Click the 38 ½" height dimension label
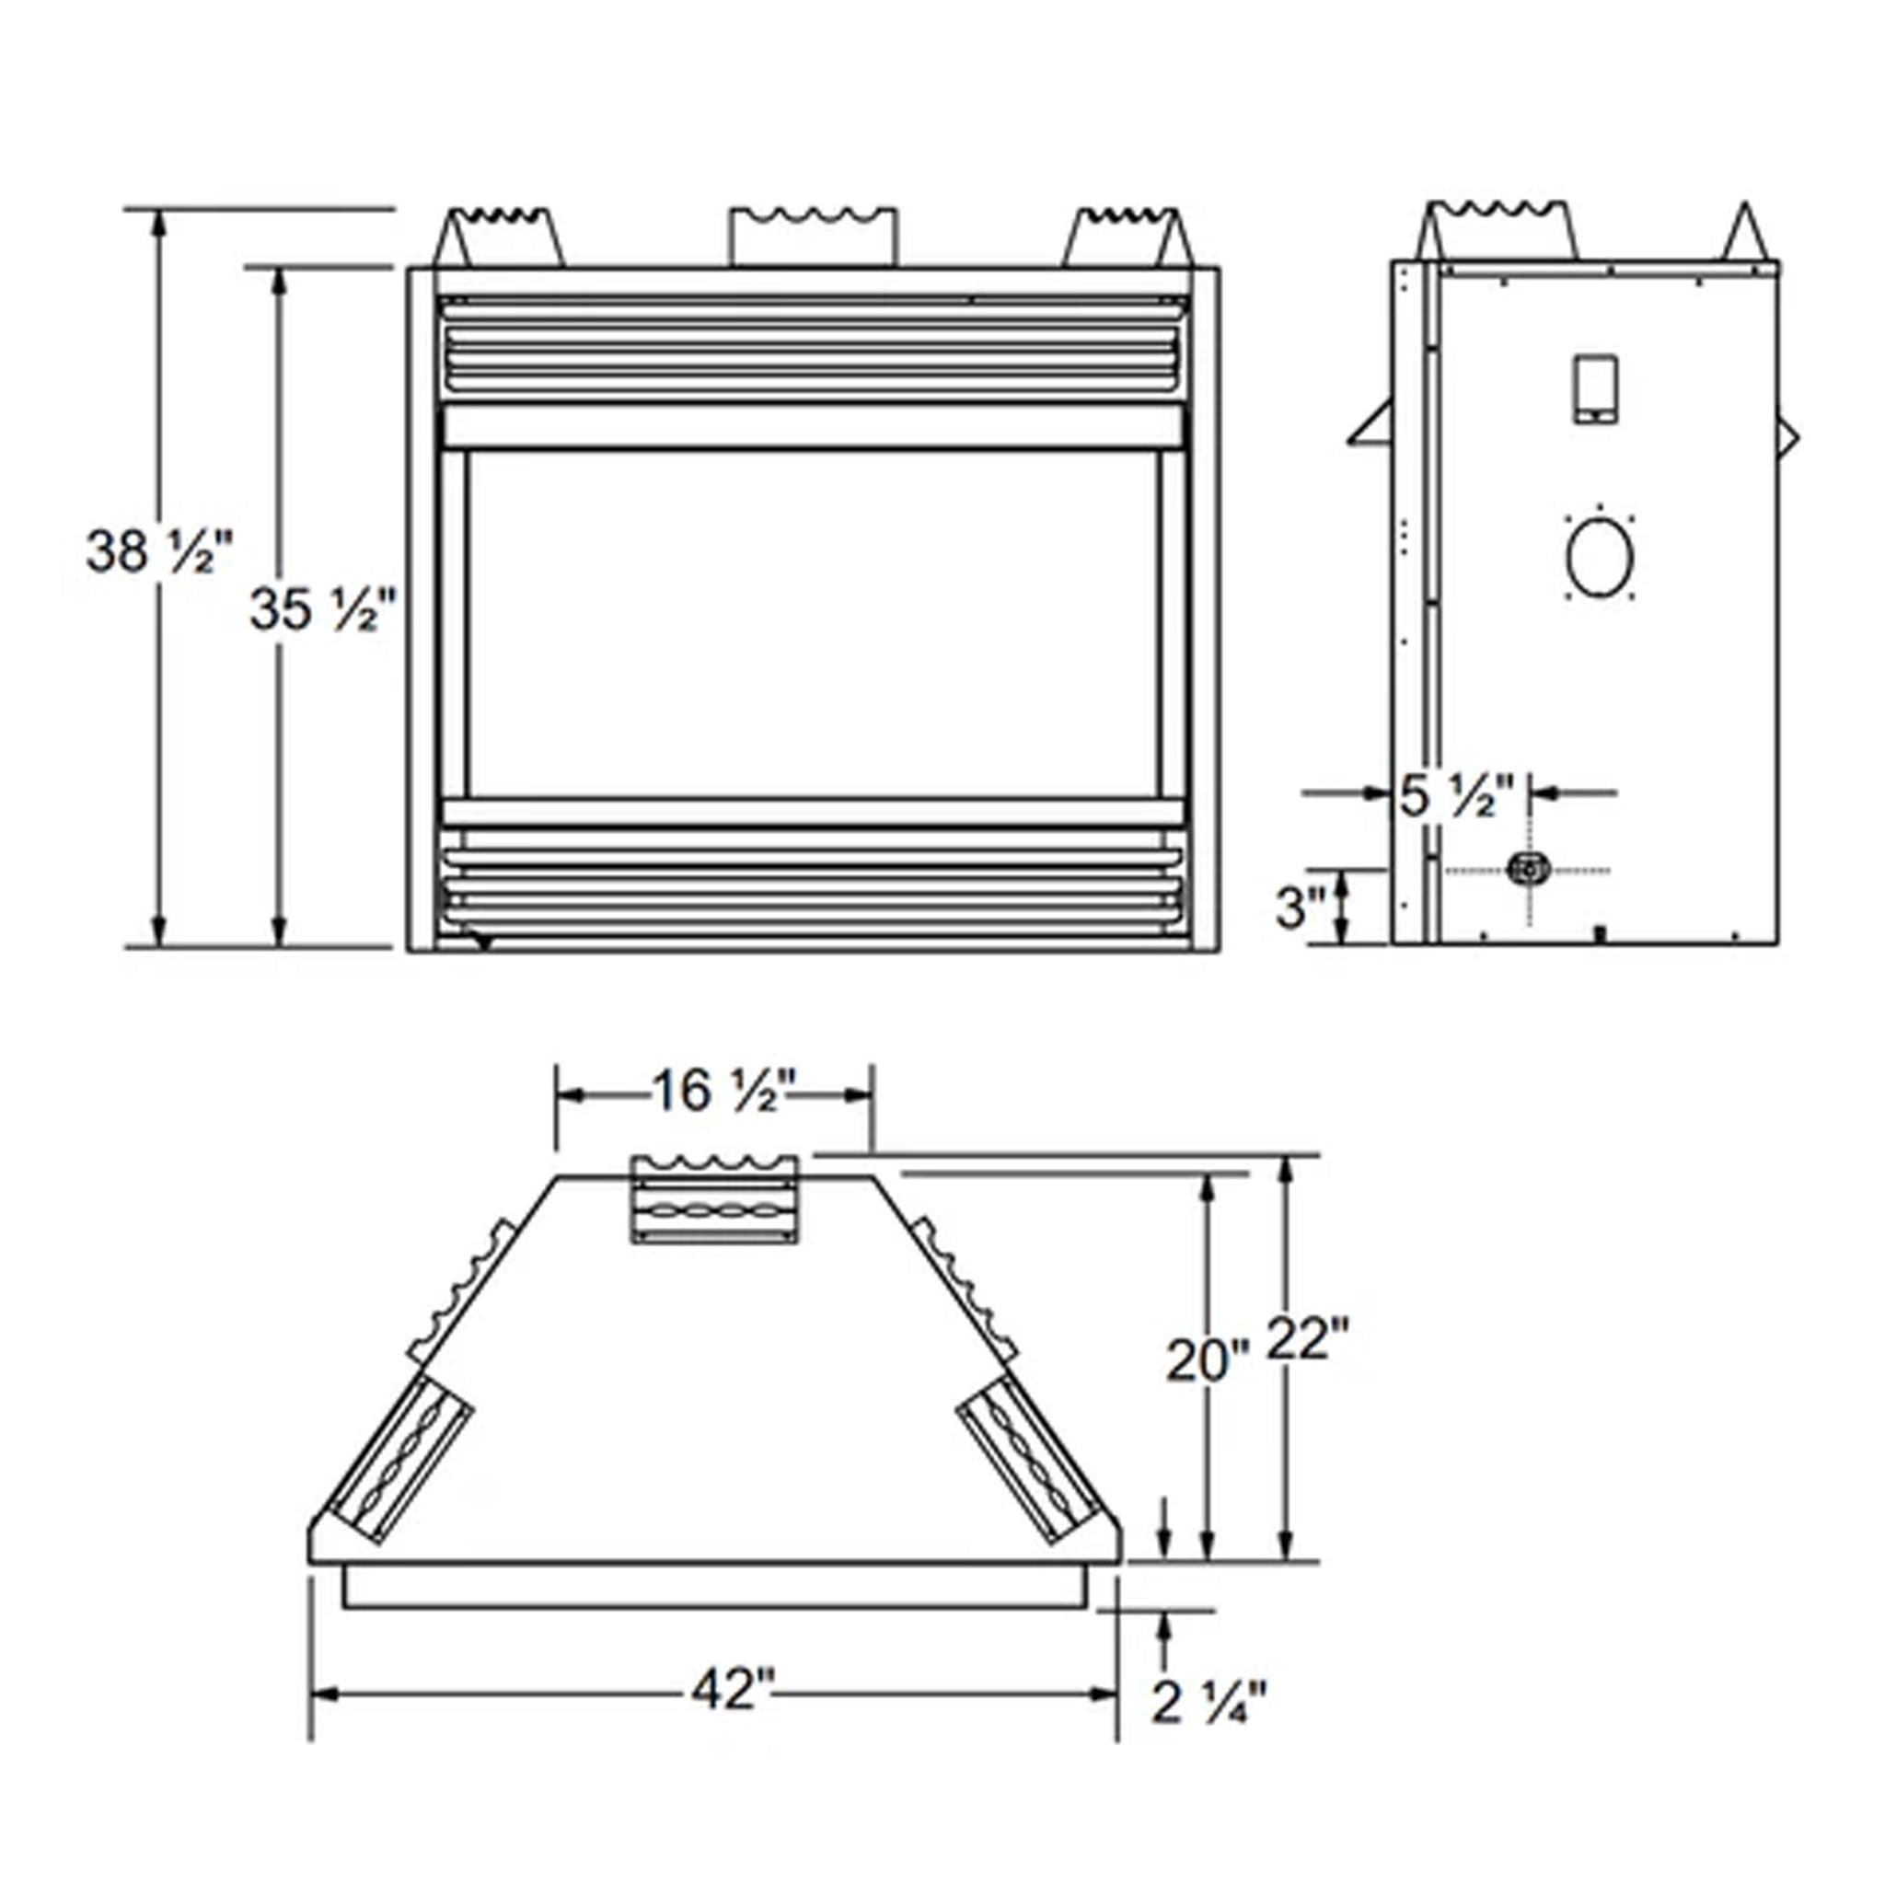[x=159, y=551]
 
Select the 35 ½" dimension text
[x=322, y=611]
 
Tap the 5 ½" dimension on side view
[x=1457, y=796]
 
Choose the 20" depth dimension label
[x=1207, y=1360]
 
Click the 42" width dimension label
[x=731, y=1690]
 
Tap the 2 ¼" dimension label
[x=1208, y=1704]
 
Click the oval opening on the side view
[x=1599, y=558]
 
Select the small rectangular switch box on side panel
[x=1594, y=389]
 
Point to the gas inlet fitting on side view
[x=1528, y=867]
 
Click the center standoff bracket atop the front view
[x=814, y=237]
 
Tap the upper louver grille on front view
[x=813, y=346]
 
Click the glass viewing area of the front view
[x=813, y=624]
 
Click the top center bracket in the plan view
[x=715, y=1200]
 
